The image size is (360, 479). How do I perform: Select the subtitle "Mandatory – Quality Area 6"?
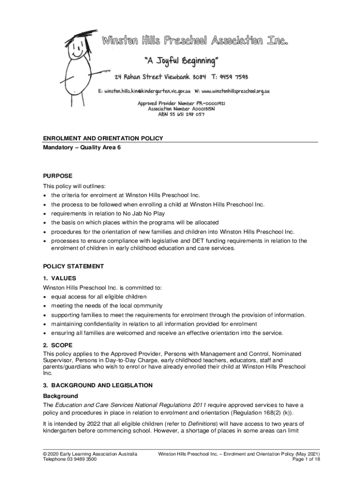coord(82,148)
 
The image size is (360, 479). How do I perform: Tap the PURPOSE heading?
coord(58,176)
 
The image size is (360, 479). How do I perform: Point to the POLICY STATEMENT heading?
coord(73,266)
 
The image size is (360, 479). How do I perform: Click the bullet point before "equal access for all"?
coord(45,297)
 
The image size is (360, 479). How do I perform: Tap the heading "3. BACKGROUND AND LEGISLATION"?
coord(98,385)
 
